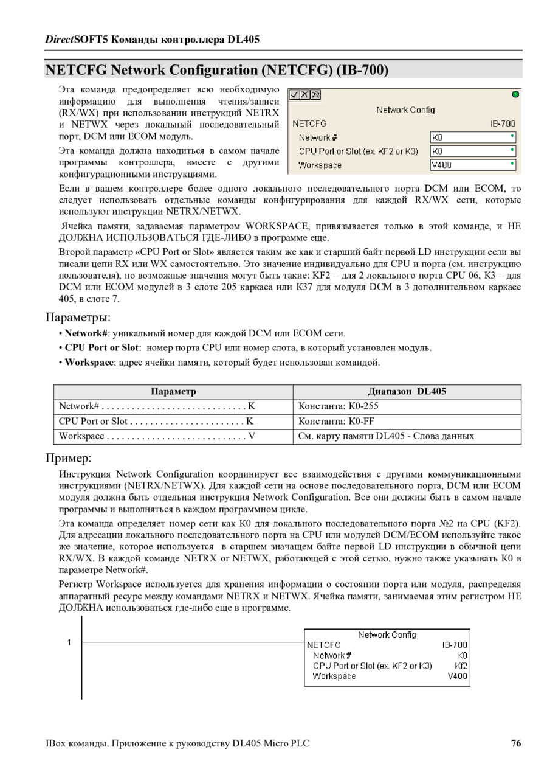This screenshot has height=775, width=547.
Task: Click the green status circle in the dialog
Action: click(x=515, y=94)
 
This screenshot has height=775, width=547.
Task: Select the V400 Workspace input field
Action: click(x=472, y=164)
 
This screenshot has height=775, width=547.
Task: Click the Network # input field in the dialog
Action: click(x=472, y=137)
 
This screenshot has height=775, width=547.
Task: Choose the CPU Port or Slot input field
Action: click(x=472, y=151)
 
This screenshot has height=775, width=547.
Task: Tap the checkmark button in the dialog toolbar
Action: click(x=294, y=95)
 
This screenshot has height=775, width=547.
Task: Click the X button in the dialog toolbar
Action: click(x=305, y=95)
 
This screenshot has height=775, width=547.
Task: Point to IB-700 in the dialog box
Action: click(x=503, y=123)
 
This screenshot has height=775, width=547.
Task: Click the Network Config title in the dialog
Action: click(x=405, y=110)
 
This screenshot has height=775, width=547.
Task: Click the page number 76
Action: click(x=516, y=743)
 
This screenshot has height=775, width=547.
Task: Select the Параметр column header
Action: click(x=173, y=391)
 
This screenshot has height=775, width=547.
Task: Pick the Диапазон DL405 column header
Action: click(x=407, y=391)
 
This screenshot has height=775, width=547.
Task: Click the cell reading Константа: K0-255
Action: click(x=330, y=406)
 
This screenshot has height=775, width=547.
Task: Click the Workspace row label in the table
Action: click(x=81, y=436)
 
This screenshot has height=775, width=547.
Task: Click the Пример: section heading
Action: click(x=69, y=458)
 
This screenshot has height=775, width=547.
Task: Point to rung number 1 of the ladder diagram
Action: click(x=69, y=642)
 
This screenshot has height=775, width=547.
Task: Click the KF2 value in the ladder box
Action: click(x=461, y=666)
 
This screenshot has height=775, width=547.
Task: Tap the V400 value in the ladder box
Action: click(x=458, y=676)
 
